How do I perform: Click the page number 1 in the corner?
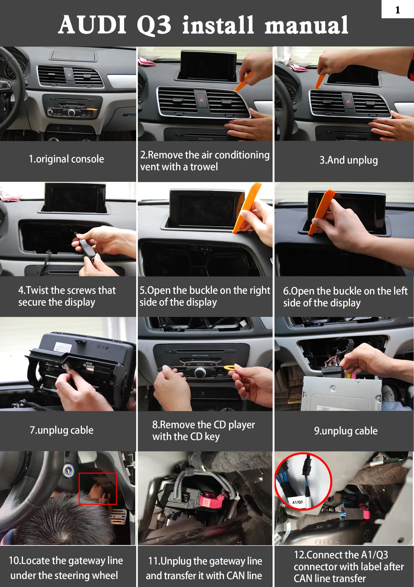[x=397, y=10]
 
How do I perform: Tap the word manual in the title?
[x=306, y=25]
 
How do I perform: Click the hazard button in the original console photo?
[x=69, y=75]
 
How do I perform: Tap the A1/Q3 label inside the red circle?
[x=298, y=502]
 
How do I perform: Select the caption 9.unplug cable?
[x=346, y=431]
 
